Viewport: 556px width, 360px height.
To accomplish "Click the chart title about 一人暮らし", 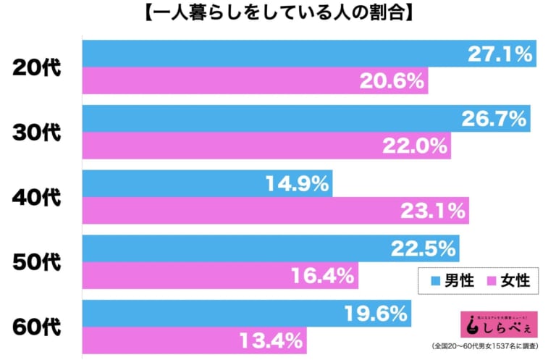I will pos(277,13).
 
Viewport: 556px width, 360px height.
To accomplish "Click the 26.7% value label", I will pos(492,118).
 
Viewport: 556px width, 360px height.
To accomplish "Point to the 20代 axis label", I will pos(37,67).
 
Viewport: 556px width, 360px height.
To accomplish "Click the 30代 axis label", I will pos(37,132).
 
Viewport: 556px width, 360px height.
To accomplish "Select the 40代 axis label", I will pos(37,197).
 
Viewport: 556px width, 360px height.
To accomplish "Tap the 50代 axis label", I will pos(37,261).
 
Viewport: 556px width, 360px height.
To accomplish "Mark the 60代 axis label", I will pos(37,326).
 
